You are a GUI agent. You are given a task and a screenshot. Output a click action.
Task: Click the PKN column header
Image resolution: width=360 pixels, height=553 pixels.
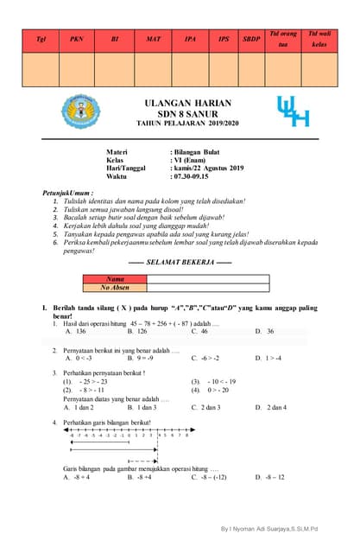tap(78, 39)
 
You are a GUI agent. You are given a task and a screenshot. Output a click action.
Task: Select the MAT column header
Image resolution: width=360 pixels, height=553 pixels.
tap(154, 39)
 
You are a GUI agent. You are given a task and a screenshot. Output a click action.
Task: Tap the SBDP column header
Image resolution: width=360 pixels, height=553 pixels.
tap(250, 39)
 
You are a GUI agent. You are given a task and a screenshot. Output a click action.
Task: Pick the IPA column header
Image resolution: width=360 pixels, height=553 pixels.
tap(190, 39)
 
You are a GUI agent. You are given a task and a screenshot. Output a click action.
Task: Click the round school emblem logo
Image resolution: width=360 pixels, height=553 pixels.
tap(80, 111)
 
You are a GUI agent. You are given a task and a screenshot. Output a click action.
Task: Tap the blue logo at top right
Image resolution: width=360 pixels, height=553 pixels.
tap(292, 111)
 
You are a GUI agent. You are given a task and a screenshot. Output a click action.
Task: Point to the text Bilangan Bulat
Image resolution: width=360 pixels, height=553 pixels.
tap(198, 151)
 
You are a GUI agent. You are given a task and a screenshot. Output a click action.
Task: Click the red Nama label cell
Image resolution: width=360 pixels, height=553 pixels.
tap(115, 279)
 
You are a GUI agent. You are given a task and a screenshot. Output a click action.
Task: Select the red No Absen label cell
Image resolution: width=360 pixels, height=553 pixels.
tap(115, 288)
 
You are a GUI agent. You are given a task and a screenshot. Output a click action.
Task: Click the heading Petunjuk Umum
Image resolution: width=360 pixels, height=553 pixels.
tap(73, 193)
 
